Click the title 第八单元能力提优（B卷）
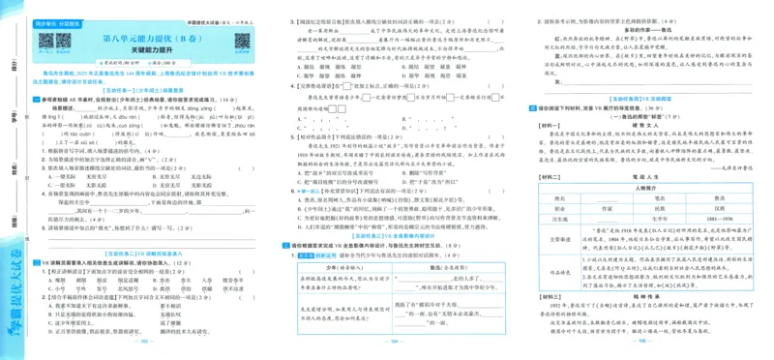(162, 40)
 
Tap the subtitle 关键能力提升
(162, 54)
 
